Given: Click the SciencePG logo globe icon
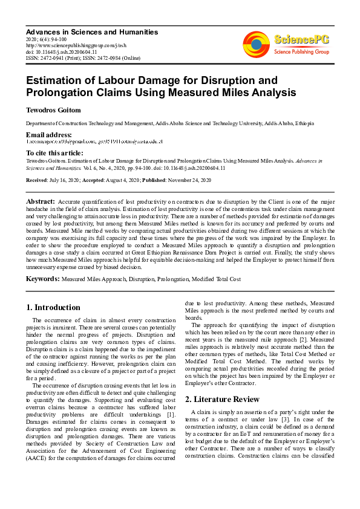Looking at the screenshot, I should (x=256, y=43).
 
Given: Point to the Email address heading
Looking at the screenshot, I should (x=48, y=134).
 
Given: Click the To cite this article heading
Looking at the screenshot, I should (x=54, y=154).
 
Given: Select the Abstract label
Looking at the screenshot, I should (x=41, y=201).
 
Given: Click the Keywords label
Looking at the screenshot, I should (x=42, y=279).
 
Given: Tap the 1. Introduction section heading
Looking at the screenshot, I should (x=54, y=308).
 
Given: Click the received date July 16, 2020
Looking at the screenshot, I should (x=68, y=180).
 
